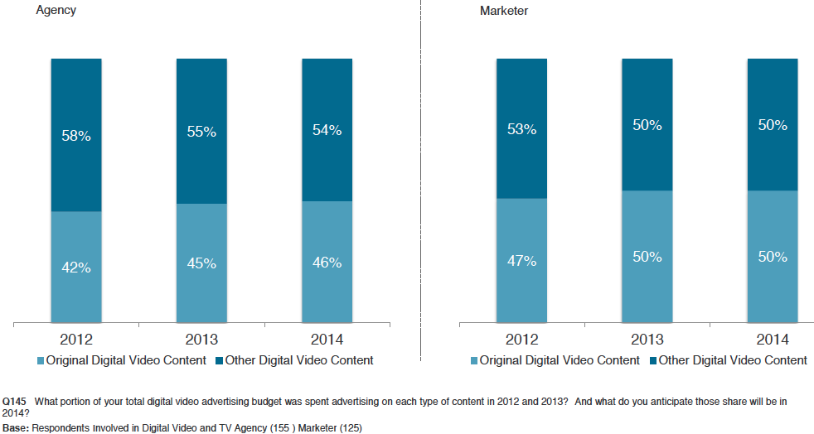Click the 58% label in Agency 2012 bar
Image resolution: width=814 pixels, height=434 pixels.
point(76,135)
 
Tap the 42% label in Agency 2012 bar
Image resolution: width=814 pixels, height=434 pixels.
point(76,268)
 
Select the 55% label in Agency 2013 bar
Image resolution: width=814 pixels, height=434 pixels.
point(201,131)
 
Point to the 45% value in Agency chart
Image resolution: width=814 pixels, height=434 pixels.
point(201,263)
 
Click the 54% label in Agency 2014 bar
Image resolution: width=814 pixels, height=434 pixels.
point(327,130)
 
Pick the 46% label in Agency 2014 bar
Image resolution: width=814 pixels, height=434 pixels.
point(327,263)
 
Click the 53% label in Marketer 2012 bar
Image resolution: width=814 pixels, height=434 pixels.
point(521,129)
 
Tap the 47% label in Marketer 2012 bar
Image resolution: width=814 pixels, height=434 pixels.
point(521,261)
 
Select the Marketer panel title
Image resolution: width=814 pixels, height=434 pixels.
point(504,11)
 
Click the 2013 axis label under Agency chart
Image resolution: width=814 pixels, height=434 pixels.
point(201,340)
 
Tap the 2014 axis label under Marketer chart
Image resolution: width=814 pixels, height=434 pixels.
point(773,340)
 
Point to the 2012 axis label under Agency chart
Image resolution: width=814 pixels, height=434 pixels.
point(76,340)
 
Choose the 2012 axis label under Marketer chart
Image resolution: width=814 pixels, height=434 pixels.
point(521,340)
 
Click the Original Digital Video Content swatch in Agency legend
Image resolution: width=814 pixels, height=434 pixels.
point(41,360)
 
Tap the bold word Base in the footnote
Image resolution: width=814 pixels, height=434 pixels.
point(15,428)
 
